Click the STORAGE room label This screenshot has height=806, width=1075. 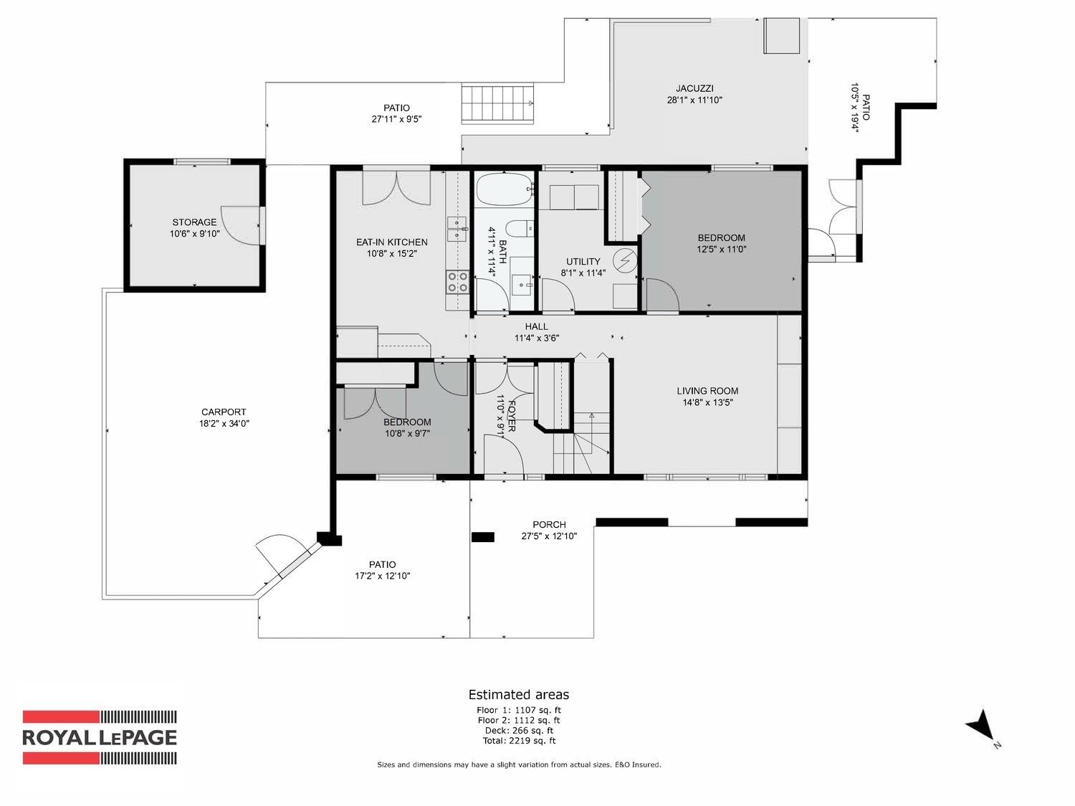194,222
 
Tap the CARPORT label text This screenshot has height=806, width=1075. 224,412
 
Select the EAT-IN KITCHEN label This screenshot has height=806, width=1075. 391,242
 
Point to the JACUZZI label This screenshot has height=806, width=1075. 694,88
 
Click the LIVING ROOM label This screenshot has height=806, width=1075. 707,391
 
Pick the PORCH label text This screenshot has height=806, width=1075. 549,524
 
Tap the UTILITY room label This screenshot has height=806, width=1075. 583,261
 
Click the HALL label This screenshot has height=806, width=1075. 536,326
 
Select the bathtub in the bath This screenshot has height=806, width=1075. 505,189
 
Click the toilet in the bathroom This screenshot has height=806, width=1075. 518,229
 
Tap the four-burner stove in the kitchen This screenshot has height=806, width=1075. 457,283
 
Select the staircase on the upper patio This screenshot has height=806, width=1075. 497,103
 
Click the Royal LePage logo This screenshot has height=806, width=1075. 100,737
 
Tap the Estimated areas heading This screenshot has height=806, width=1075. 519,695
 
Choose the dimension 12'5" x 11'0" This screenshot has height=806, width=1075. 722,249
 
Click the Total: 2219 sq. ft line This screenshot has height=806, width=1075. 519,740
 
